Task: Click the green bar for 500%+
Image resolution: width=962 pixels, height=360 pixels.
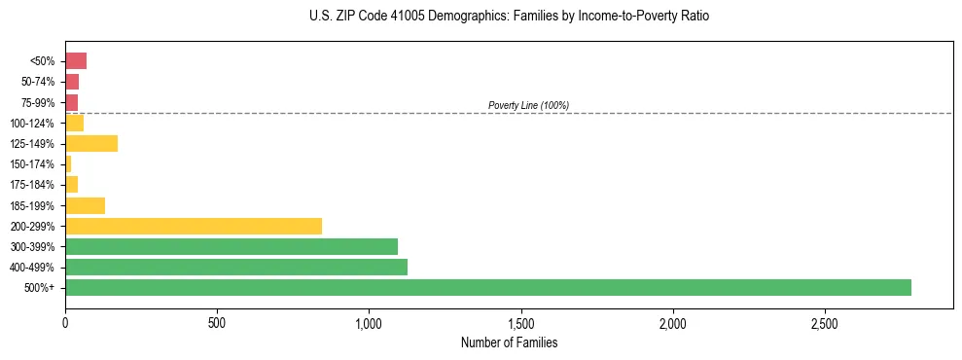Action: [x=488, y=287]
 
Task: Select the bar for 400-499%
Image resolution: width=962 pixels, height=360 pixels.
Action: [x=236, y=267]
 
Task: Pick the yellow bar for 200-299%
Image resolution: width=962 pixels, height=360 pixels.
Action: [x=194, y=226]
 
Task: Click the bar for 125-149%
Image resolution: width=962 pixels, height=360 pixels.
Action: [x=91, y=144]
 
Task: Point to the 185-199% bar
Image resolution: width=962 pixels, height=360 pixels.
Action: [x=85, y=205]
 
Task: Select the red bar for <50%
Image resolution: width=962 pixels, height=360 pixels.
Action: [x=76, y=61]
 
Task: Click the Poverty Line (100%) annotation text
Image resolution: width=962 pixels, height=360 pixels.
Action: [x=528, y=105]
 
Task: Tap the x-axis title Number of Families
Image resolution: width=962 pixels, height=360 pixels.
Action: [x=509, y=342]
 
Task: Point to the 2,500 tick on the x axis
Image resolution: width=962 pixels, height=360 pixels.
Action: [x=825, y=322]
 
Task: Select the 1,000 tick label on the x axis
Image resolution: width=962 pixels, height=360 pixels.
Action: [x=369, y=322]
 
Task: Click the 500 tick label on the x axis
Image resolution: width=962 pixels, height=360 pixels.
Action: [x=217, y=322]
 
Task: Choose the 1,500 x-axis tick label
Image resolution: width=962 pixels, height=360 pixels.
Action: [x=521, y=322]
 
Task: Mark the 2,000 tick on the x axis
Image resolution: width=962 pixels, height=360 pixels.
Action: [x=673, y=322]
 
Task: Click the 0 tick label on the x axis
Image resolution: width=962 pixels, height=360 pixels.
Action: [x=65, y=322]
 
